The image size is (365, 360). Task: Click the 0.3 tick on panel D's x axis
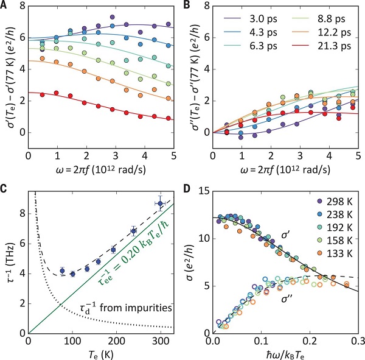pos(357,339)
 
